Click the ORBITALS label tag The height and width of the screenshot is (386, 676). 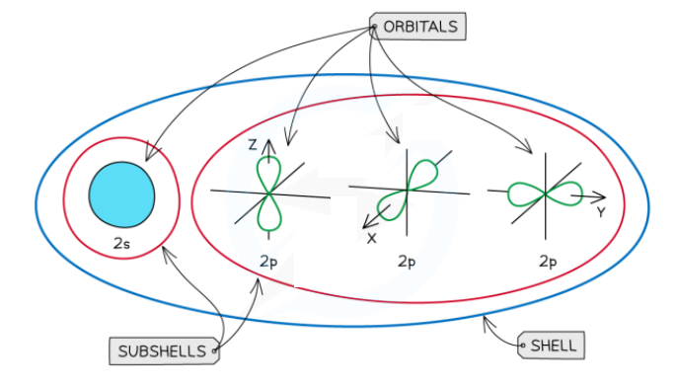[417, 27]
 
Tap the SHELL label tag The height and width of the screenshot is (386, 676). [552, 346]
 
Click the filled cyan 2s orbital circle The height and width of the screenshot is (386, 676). [121, 194]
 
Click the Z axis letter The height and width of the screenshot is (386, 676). [253, 145]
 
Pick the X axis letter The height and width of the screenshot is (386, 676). [372, 238]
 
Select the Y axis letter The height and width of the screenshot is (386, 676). [600, 211]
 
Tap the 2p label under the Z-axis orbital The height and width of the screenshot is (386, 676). [269, 262]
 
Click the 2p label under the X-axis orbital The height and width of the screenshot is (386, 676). [407, 262]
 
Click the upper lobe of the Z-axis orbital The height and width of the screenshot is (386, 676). [268, 174]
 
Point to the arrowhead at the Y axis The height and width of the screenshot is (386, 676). [601, 197]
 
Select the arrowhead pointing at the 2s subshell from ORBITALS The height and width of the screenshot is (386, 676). [147, 156]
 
